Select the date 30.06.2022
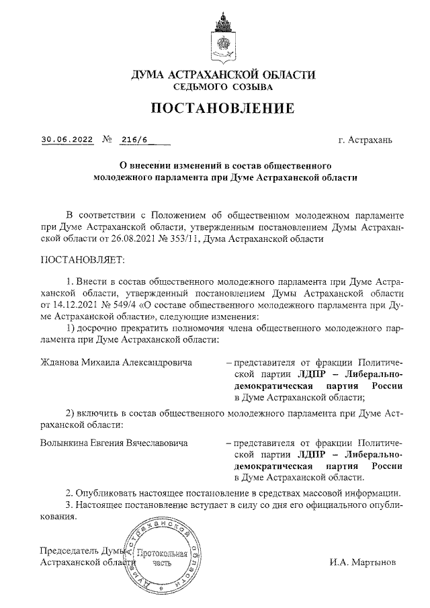(66, 140)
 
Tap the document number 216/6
(135, 140)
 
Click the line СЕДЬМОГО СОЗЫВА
(222, 87)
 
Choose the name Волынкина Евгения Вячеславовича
(114, 443)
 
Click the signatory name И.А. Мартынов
(363, 561)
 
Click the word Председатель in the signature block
(70, 549)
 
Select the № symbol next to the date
(106, 140)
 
